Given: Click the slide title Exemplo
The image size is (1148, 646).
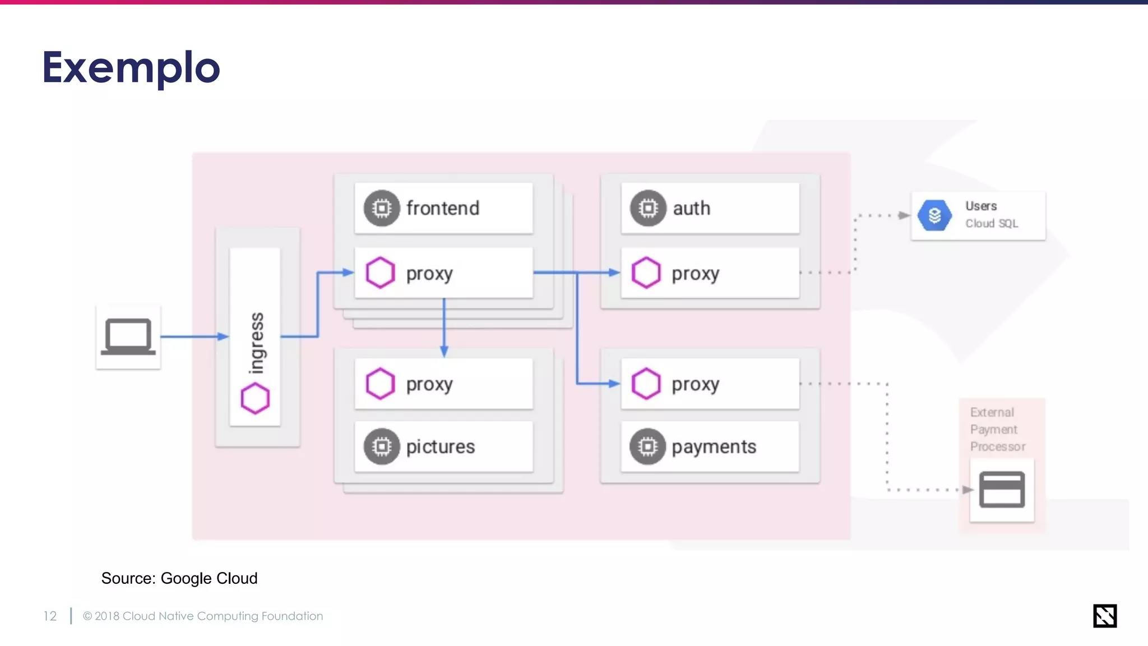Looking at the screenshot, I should pos(131,68).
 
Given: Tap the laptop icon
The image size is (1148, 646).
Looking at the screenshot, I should pos(128,336).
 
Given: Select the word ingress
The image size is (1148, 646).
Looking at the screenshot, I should pos(256,343).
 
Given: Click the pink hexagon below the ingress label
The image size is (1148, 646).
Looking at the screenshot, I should pos(255,398).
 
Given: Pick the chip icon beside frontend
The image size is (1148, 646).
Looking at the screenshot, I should pos(382,208).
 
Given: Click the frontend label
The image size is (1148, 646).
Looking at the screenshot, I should pos(443,208).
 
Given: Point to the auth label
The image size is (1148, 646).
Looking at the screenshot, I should pos(691,208).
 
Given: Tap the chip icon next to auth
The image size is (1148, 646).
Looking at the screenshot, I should pos(648,208).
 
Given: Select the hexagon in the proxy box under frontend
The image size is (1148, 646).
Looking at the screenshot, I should pos(381,273).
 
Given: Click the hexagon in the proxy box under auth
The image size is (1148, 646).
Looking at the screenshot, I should pos(646,273).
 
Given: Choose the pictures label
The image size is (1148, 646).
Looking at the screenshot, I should pos(441,446).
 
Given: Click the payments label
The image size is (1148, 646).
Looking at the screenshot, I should pos(714,446).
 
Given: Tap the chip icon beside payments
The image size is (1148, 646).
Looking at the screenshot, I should pos(647,446).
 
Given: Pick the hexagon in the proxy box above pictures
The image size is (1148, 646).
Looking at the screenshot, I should pos(381,384).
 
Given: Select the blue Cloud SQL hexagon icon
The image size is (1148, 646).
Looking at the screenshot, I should pos(934,215).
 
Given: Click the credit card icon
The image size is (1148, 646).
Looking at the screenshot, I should pos(1002,490).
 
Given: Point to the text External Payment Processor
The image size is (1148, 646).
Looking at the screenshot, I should pos(997,429).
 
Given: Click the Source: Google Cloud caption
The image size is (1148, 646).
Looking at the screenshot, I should pos(179,578).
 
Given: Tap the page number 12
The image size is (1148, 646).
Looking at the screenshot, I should pos(50,616).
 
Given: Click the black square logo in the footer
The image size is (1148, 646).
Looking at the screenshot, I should pos(1104,616).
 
